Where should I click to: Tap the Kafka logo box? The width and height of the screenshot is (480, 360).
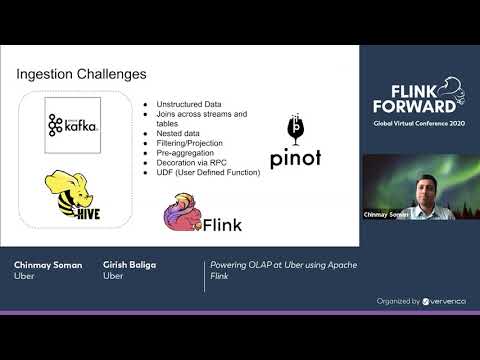point(73,126)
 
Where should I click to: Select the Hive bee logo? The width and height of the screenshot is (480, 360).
point(68,194)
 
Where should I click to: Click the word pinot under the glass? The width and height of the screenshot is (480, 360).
point(295,158)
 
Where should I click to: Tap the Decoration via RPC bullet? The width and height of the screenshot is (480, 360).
point(194,164)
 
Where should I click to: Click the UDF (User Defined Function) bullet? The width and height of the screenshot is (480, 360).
point(208,172)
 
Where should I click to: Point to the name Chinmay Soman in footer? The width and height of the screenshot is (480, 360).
point(48,265)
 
